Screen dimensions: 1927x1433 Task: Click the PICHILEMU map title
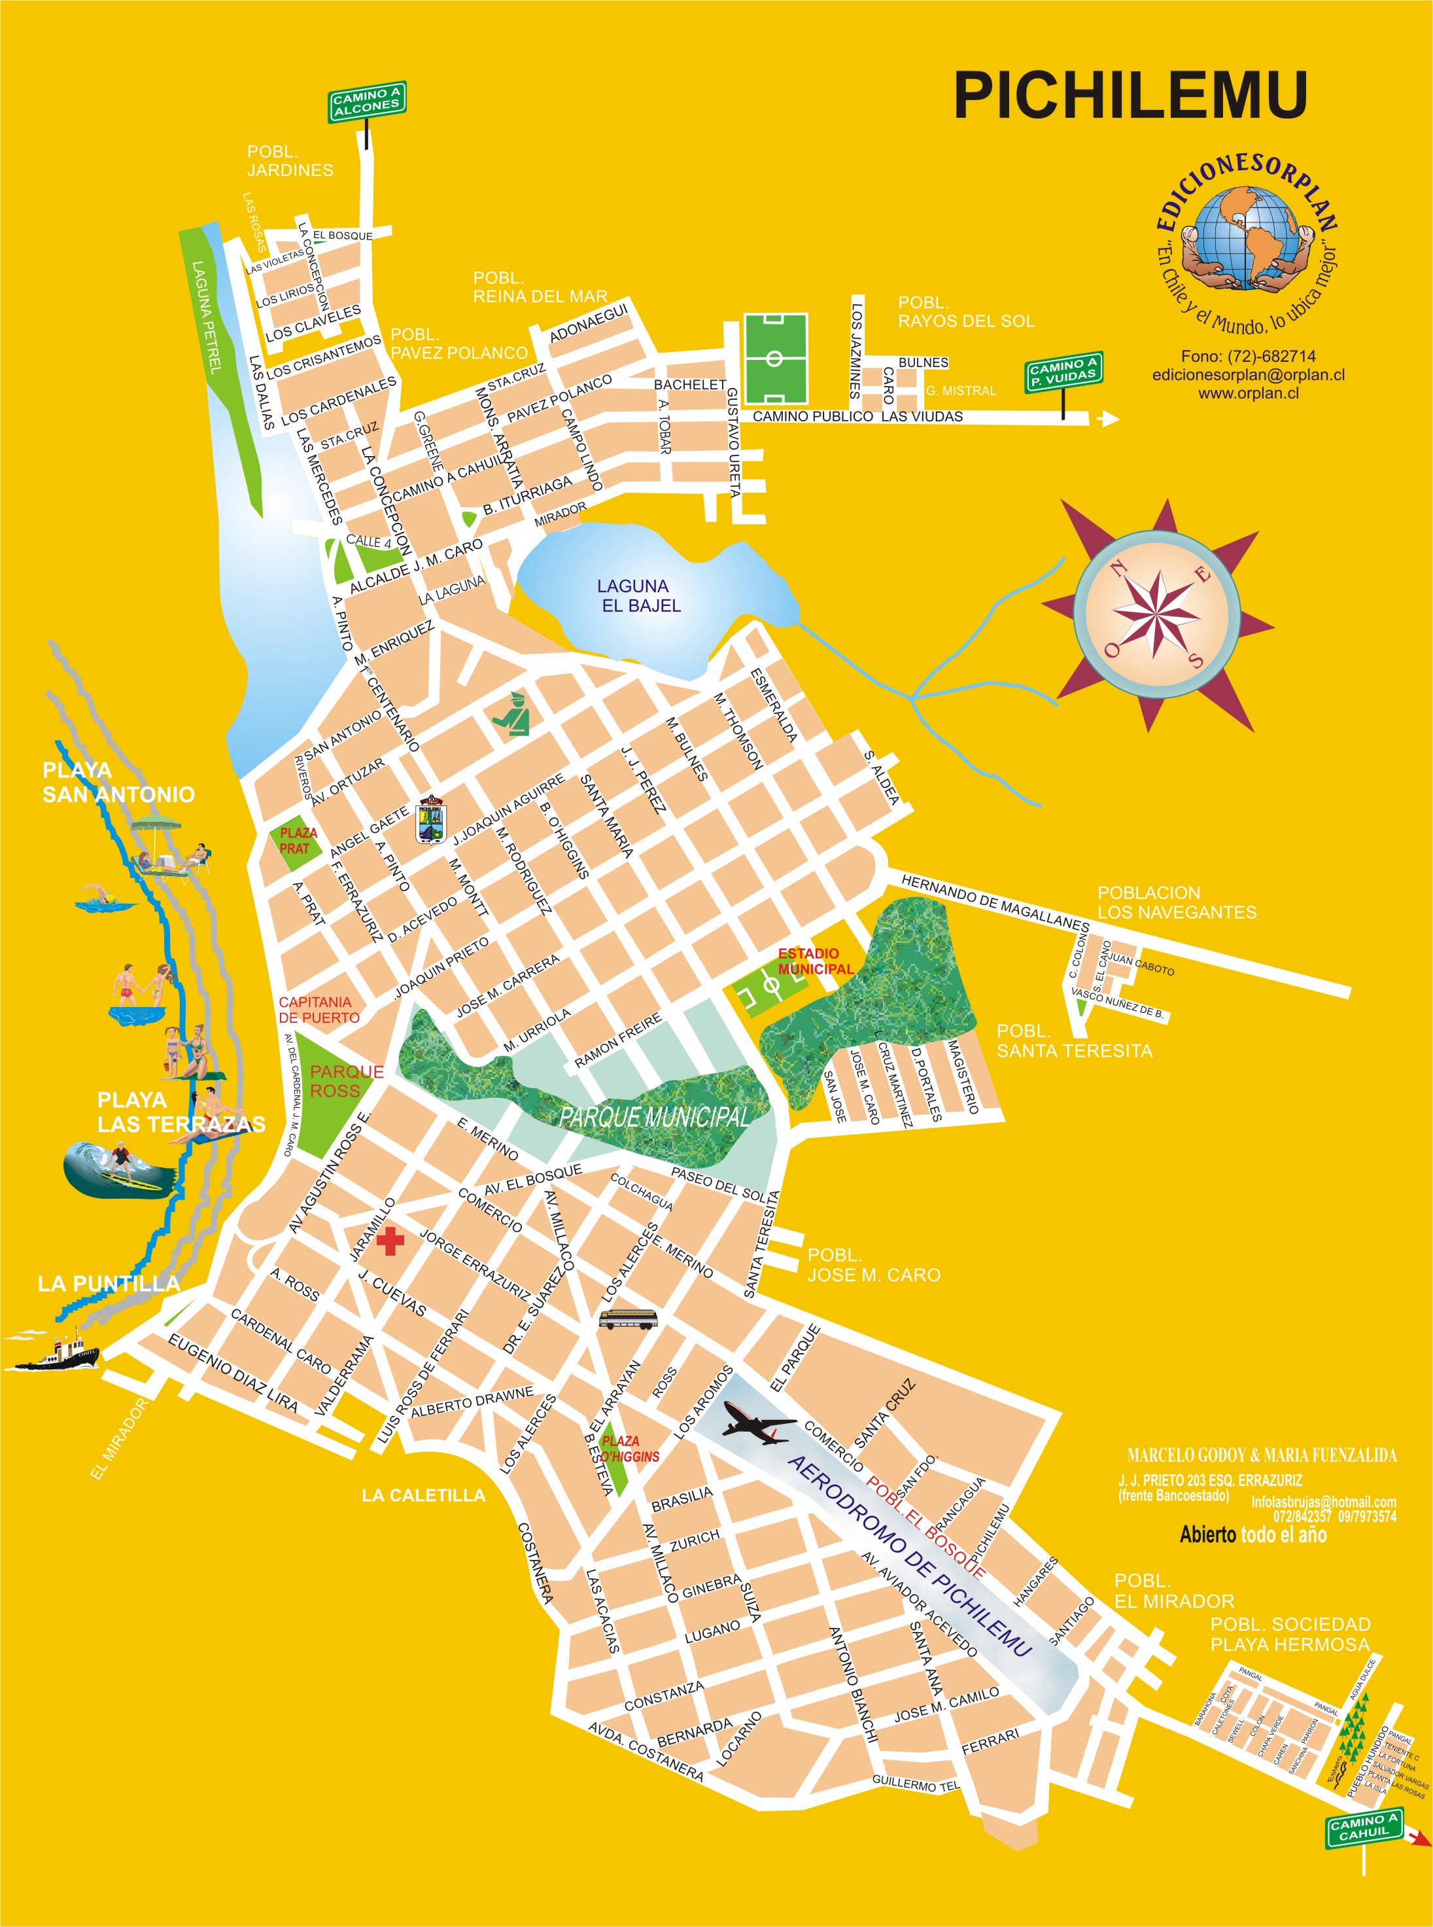click(1130, 95)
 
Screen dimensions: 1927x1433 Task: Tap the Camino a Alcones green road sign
click(367, 101)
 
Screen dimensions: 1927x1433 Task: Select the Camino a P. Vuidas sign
click(1063, 372)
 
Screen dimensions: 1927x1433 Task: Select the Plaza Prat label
click(298, 840)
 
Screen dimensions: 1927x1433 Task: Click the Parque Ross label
click(346, 1081)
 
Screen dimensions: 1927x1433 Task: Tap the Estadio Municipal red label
click(814, 961)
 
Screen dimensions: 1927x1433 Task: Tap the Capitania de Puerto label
click(317, 1009)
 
